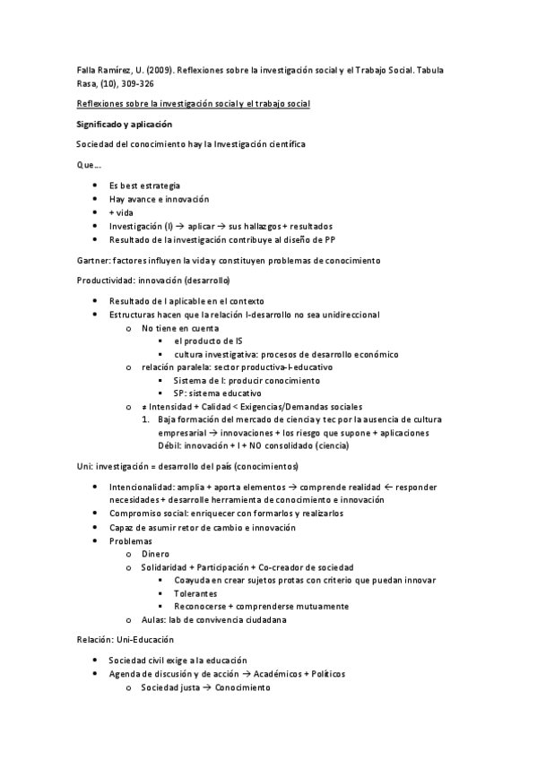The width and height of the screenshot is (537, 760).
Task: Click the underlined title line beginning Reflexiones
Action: coord(193,104)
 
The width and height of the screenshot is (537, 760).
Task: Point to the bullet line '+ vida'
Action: coord(121,212)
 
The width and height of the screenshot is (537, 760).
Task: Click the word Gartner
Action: coord(94,260)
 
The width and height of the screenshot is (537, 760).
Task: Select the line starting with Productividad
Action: coord(153,280)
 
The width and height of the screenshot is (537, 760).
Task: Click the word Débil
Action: coord(169,445)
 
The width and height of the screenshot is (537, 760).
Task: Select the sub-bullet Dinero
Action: coord(156,554)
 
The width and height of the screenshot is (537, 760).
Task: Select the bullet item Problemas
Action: coord(131,540)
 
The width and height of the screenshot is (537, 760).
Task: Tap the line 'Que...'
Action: coord(89,165)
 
